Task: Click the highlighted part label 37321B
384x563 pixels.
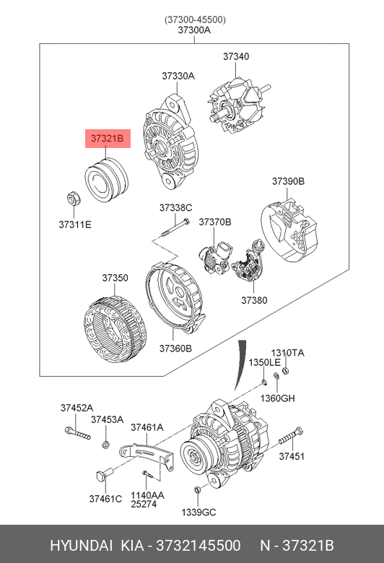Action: [x=107, y=139]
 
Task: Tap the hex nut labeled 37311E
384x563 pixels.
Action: [x=74, y=198]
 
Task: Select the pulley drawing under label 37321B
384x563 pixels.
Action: [x=106, y=179]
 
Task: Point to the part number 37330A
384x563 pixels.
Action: [x=178, y=76]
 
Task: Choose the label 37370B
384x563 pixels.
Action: [x=215, y=222]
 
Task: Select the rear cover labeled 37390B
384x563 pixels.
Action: [x=289, y=231]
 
